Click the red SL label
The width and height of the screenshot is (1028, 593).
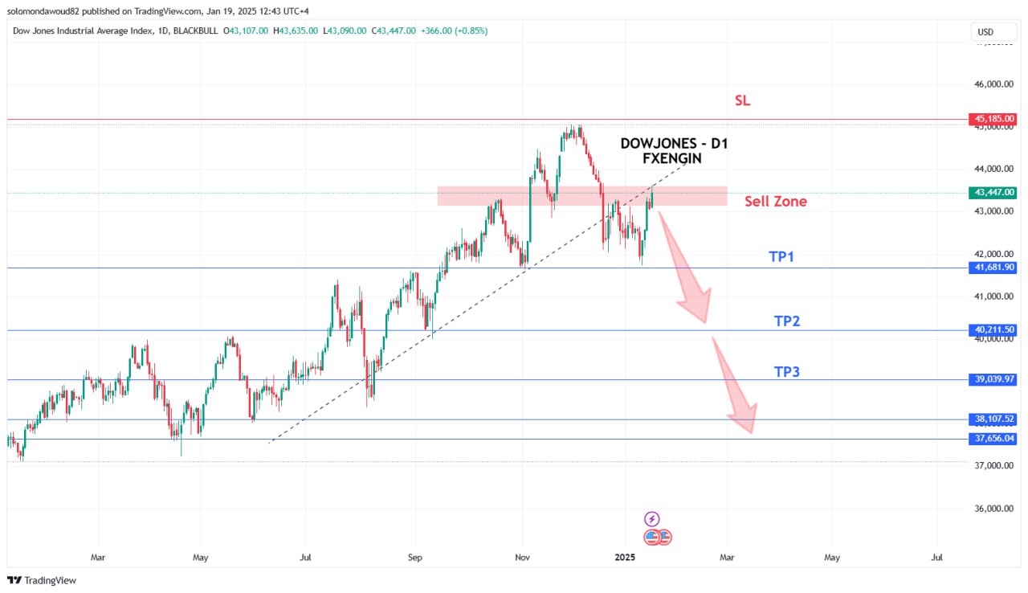pos(743,101)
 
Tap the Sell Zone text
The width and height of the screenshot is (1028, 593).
pos(775,202)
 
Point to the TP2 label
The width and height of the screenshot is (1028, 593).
pos(787,321)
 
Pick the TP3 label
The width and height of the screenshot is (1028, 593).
pos(787,372)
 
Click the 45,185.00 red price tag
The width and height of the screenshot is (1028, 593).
pos(994,119)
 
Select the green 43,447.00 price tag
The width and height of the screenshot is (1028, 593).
pos(994,193)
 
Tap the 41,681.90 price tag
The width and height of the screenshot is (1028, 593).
pos(994,268)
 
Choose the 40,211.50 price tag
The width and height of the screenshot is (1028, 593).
pos(994,330)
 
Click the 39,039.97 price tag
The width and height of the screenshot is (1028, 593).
pos(994,379)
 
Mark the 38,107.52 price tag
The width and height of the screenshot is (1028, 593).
pos(994,419)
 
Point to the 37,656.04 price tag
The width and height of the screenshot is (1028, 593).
pos(994,439)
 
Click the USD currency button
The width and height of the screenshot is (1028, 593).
pos(985,32)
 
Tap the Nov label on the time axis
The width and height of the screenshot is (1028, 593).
pos(522,556)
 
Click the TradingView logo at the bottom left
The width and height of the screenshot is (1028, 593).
pos(42,580)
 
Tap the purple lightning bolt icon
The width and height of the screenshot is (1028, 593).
pos(653,519)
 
